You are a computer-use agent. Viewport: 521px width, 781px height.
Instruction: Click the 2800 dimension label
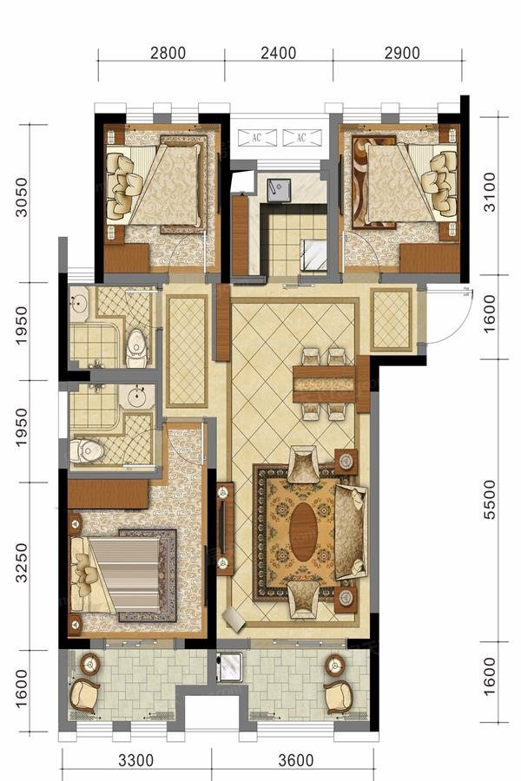(168, 53)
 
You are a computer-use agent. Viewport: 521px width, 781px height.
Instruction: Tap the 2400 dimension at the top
(278, 53)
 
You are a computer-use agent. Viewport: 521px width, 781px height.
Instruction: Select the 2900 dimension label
(402, 53)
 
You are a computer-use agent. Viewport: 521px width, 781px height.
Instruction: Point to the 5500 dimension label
(491, 500)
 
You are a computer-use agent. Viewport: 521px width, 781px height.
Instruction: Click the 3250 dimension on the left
(22, 563)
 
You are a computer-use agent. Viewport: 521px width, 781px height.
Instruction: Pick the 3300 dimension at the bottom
(136, 760)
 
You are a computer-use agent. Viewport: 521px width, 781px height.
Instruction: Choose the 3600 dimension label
(296, 760)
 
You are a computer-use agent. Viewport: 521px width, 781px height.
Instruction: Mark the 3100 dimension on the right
(491, 192)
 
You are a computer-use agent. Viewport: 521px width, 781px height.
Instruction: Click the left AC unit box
(257, 138)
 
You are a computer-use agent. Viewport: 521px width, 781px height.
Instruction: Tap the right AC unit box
(301, 138)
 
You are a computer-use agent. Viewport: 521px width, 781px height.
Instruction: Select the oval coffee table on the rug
(303, 531)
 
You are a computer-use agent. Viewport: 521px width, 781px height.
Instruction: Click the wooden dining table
(324, 384)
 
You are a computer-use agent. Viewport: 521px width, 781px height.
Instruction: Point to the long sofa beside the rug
(351, 532)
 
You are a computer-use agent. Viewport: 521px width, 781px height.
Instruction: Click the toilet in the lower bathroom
(87, 450)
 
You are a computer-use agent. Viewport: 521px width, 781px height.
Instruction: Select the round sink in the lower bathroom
(135, 397)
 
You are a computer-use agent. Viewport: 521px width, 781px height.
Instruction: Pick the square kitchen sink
(279, 190)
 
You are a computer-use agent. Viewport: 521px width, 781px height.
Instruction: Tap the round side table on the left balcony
(89, 664)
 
